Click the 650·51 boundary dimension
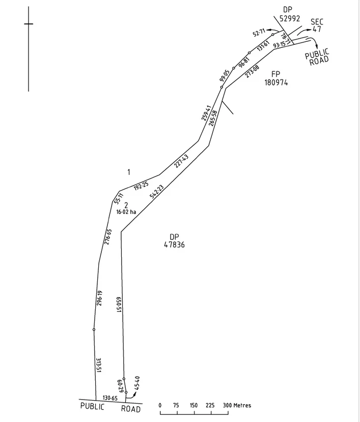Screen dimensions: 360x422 119,305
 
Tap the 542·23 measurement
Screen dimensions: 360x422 156,192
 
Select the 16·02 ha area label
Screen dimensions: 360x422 126,212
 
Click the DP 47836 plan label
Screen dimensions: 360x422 174,241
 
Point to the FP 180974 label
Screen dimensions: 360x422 276,78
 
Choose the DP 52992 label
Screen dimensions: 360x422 290,14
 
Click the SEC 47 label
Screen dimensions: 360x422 317,25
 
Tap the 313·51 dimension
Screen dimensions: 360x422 98,365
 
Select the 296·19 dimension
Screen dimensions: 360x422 99,298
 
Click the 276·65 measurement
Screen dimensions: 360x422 108,237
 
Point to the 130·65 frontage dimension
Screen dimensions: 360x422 110,398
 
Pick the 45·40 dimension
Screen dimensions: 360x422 136,383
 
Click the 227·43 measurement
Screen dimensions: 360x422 181,161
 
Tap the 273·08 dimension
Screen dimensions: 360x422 252,71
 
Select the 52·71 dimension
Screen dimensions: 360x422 259,33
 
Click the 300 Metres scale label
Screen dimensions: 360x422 237,405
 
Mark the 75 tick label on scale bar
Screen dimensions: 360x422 176,405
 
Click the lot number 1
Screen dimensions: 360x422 129,172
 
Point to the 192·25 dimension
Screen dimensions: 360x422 141,186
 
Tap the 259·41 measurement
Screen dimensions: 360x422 206,113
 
